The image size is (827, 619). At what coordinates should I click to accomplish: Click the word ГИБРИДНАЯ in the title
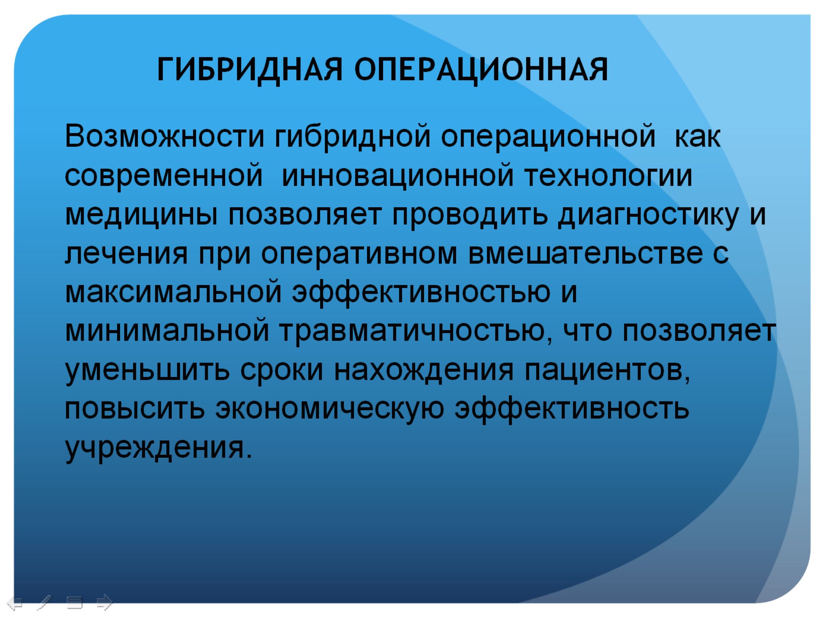[x=250, y=70]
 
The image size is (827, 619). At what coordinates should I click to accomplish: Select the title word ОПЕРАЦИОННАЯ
[x=481, y=70]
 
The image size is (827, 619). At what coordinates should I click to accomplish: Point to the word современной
[x=164, y=176]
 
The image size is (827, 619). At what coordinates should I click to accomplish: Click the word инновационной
[x=398, y=176]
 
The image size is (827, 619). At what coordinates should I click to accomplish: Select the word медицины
[x=142, y=215]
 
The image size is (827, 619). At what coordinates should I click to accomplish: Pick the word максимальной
[x=173, y=292]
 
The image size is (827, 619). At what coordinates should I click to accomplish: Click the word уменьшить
[x=147, y=370]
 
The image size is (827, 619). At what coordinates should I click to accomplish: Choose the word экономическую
[x=330, y=409]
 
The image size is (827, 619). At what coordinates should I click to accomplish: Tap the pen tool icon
[x=45, y=603]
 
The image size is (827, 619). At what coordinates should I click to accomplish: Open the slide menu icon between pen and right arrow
[x=75, y=603]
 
